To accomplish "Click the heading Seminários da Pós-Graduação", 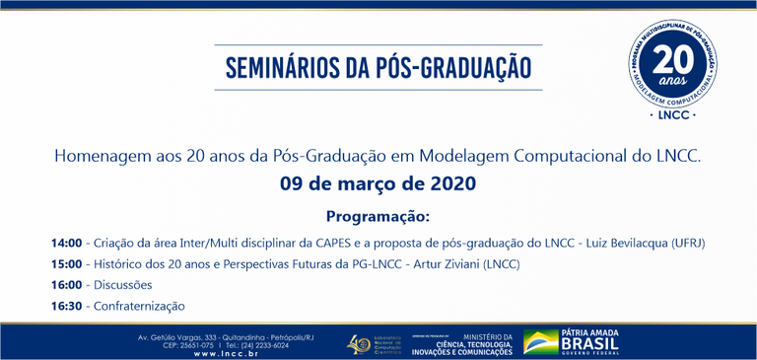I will coord(378,67).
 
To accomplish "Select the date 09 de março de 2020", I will coord(378,183).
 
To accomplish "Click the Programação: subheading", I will coord(378,216).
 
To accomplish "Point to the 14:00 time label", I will coord(67,243).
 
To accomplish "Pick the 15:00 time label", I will coord(67,264).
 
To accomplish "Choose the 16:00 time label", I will coord(67,285).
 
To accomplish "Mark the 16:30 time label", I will coord(67,306).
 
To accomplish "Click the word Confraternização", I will coord(139,306).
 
